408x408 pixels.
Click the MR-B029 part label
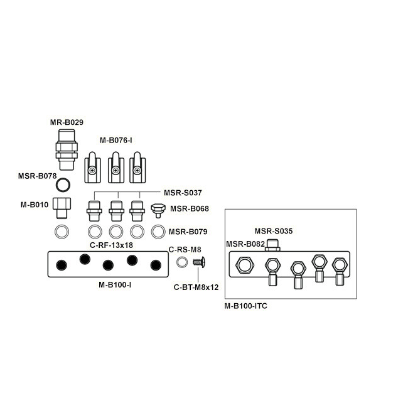(67, 122)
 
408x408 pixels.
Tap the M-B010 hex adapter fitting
(62, 208)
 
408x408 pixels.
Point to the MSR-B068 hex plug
(158, 210)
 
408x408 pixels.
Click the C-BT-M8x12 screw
(199, 262)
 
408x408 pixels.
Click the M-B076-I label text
(115, 141)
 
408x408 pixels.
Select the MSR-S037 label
(183, 193)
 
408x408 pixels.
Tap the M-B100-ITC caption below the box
(245, 306)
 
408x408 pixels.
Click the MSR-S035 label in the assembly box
(274, 231)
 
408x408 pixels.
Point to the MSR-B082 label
(245, 244)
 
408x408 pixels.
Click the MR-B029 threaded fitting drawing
(67, 149)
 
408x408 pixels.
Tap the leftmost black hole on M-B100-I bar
(62, 265)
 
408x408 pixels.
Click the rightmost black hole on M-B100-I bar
(156, 265)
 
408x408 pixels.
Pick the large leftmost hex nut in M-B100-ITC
(245, 266)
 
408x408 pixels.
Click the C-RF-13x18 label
(111, 245)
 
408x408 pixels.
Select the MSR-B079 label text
(188, 232)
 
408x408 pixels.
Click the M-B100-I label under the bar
(115, 285)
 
